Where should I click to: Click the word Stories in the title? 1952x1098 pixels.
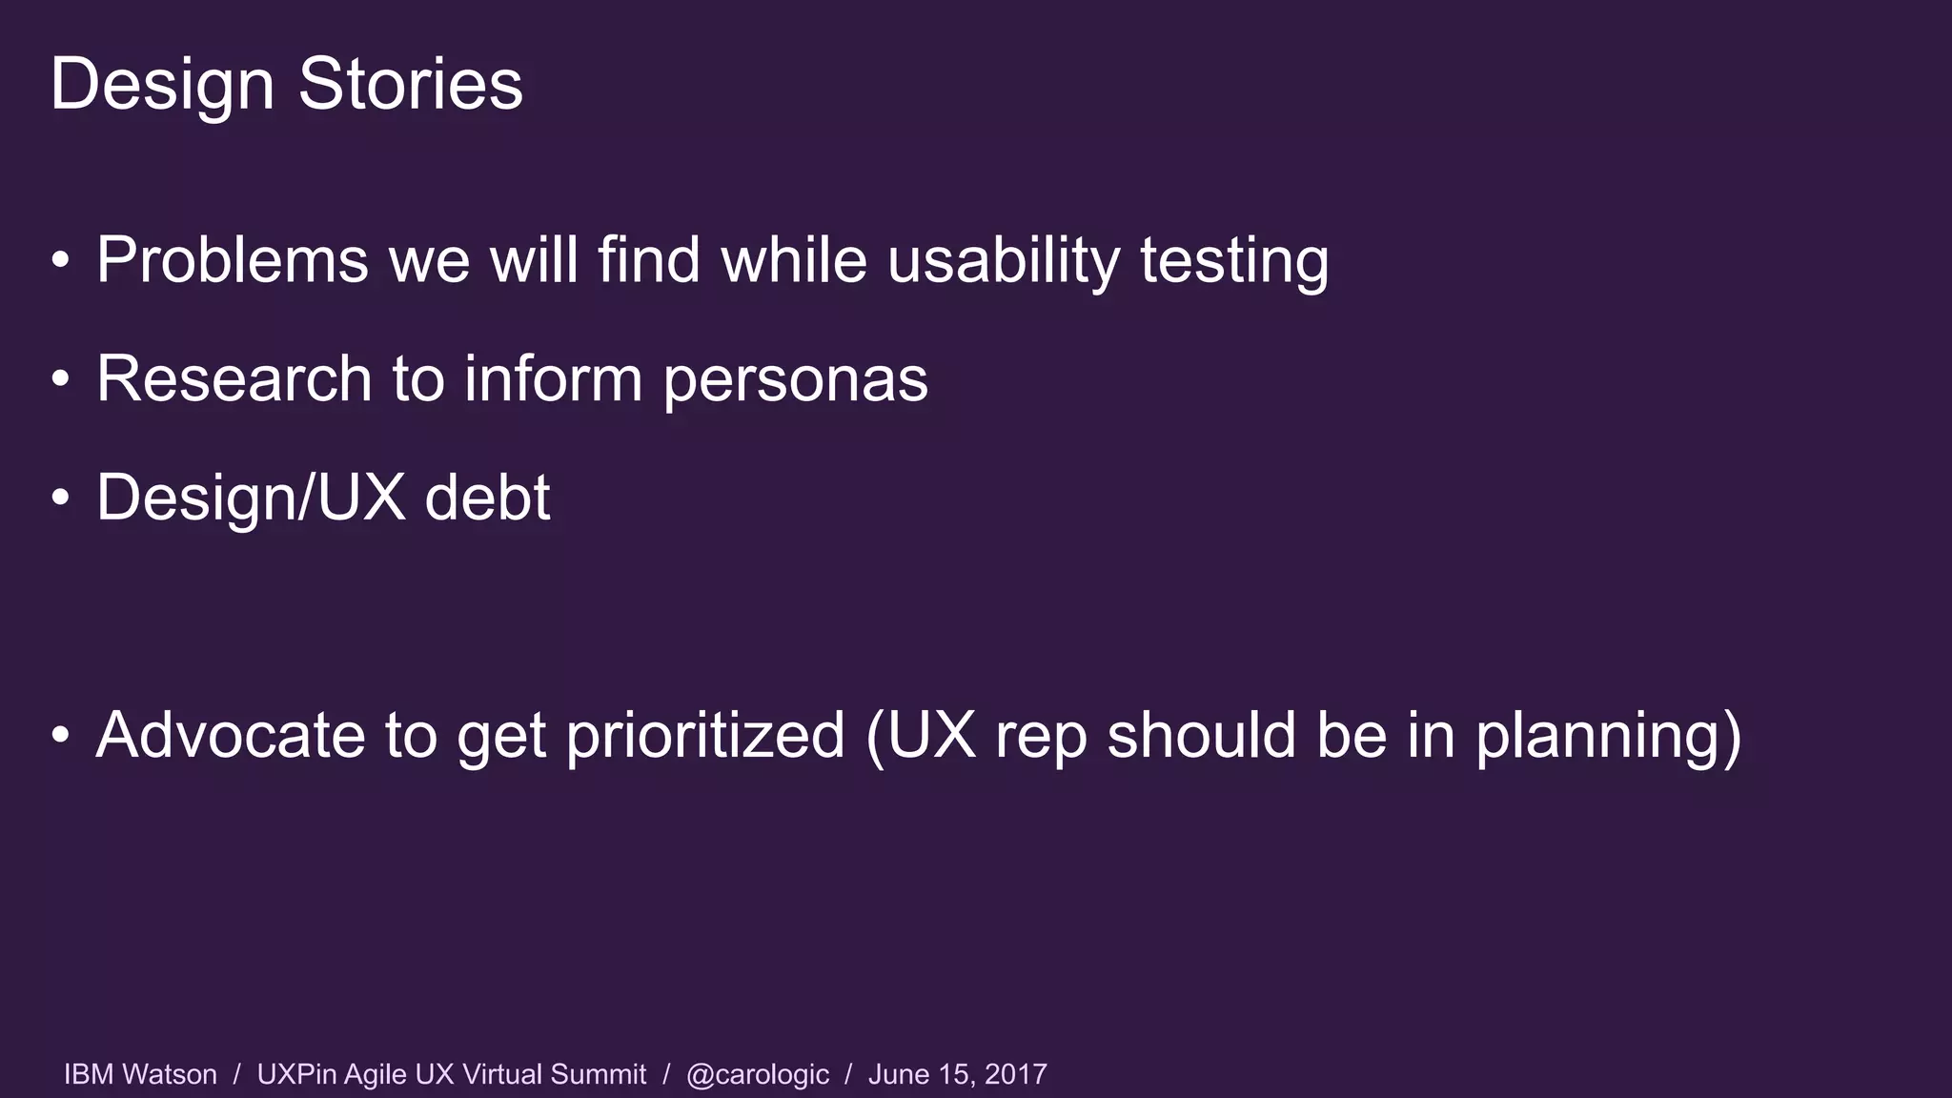(411, 84)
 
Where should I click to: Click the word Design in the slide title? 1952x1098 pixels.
(162, 84)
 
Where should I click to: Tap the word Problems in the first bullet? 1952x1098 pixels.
(233, 259)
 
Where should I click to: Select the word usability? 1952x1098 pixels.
(1005, 259)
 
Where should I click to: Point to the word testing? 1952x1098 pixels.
(1234, 259)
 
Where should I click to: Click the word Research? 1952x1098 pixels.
(234, 378)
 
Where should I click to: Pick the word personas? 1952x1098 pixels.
(795, 378)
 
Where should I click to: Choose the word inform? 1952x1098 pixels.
(553, 378)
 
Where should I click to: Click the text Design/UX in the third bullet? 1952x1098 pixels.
(251, 498)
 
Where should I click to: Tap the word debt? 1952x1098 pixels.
(487, 498)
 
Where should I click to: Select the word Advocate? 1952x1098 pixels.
(231, 735)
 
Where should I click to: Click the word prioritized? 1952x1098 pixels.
(705, 735)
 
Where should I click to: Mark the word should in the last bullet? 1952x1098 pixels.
(1201, 735)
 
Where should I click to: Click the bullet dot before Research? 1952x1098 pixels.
(61, 379)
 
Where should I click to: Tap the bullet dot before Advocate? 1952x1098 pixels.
(61, 736)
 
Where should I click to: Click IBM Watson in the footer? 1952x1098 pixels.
(140, 1074)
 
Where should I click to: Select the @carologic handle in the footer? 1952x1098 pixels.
(758, 1074)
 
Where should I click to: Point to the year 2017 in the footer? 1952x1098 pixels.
(1016, 1074)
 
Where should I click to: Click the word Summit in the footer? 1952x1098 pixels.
(599, 1074)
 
